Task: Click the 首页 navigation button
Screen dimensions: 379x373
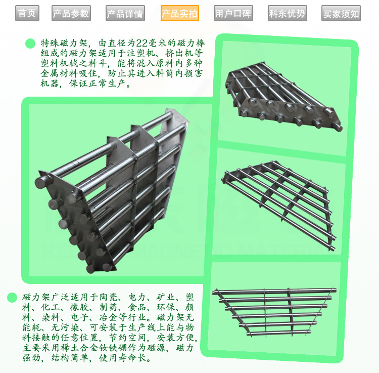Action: tap(27, 13)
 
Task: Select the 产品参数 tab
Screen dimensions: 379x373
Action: tap(71, 13)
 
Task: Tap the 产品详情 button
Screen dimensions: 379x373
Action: tap(125, 13)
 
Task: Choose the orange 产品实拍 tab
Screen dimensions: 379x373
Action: tap(180, 13)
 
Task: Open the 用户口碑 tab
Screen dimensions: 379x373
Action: tap(233, 13)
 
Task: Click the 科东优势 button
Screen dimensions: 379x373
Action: tap(288, 13)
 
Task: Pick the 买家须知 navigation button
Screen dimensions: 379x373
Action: tap(341, 13)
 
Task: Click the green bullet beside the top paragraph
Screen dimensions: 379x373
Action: tap(30, 44)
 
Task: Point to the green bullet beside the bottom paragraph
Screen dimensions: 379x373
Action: tap(12, 298)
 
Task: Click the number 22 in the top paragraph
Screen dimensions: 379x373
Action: tap(141, 43)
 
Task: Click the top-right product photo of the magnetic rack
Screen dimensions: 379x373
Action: tap(285, 97)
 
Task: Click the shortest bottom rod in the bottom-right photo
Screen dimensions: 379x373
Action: tap(278, 333)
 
